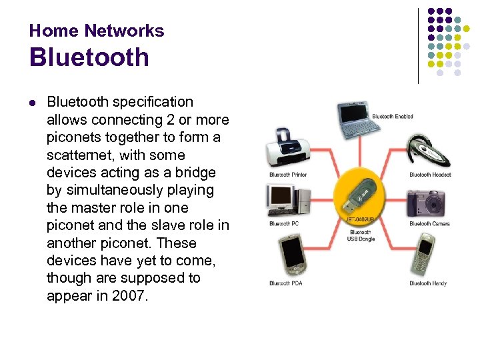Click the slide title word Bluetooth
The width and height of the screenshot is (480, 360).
(89, 58)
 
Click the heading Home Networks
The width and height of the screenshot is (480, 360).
(97, 31)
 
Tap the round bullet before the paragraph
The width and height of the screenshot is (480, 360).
(32, 103)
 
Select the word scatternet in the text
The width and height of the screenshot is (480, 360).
(79, 155)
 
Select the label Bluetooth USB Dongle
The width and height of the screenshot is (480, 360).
(361, 235)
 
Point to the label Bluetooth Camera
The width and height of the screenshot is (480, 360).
(429, 224)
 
